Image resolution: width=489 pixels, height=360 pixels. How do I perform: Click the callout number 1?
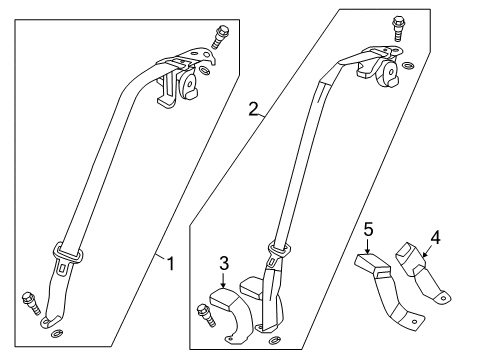click(x=171, y=263)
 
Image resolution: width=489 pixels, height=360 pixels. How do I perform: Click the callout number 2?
click(x=253, y=109)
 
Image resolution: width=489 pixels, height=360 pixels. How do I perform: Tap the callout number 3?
click(x=224, y=263)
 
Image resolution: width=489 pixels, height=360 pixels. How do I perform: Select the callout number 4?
click(x=435, y=238)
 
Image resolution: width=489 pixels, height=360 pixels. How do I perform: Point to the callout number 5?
click(x=368, y=230)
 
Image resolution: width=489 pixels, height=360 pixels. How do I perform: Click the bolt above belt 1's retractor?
click(x=219, y=38)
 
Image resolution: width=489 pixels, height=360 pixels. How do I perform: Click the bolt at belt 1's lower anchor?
click(x=31, y=303)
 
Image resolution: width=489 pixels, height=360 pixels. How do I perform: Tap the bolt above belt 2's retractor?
click(x=398, y=28)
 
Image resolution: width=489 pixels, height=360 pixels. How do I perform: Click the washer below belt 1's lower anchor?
click(x=57, y=333)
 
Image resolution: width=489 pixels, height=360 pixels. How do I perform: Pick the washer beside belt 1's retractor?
click(x=205, y=70)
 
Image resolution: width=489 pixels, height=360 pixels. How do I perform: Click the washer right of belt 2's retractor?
click(x=408, y=65)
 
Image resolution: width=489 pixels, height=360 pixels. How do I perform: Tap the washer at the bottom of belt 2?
click(x=274, y=340)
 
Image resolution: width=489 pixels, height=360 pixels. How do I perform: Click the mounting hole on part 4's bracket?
click(x=443, y=298)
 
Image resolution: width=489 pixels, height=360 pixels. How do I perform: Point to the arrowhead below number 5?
click(x=368, y=251)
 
